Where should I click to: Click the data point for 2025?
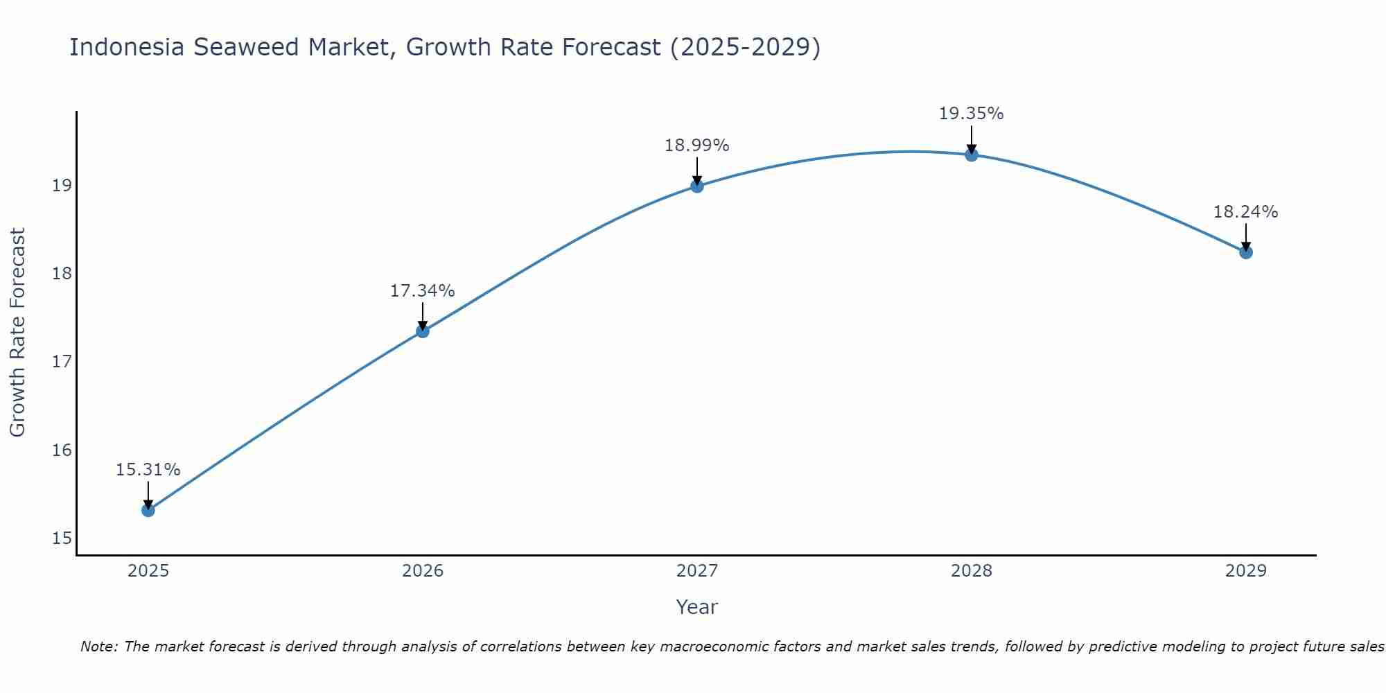pos(148,510)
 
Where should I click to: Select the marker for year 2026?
pos(422,331)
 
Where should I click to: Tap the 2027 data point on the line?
pos(696,186)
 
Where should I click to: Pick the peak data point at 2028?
pos(971,155)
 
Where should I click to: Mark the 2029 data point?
pos(1245,252)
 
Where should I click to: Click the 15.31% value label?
pos(148,470)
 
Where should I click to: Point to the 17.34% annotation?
pos(422,291)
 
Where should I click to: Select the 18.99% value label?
pos(696,146)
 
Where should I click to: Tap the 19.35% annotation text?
pos(971,114)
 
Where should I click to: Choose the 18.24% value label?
pos(1245,212)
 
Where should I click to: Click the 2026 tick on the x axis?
pos(422,571)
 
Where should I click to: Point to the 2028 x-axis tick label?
pos(971,571)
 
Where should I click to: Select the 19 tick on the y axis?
pos(62,185)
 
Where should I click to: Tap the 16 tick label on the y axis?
pos(62,450)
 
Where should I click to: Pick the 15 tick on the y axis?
pos(62,538)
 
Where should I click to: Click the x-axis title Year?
pos(696,607)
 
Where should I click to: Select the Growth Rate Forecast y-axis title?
pos(17,333)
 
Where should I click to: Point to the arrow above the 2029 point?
pos(1245,236)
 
